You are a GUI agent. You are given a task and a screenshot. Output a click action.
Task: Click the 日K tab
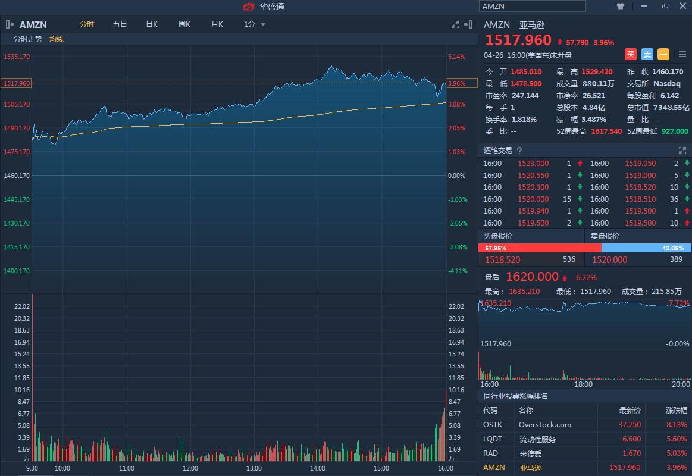pos(152,24)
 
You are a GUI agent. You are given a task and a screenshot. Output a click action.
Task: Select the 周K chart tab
pos(184,24)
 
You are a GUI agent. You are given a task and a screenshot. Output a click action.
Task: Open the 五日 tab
pos(120,24)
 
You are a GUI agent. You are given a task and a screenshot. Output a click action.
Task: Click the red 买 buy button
pos(631,54)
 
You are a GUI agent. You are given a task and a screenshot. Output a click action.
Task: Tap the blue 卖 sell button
pos(647,54)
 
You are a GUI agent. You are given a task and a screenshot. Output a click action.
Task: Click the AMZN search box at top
pos(532,6)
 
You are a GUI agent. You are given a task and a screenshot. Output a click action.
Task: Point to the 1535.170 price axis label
pos(17,57)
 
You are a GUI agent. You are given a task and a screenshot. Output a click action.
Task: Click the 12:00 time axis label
pos(190,468)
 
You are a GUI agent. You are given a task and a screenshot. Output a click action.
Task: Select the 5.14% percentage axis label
pos(457,57)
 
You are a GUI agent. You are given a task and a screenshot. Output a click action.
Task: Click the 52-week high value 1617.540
pos(606,131)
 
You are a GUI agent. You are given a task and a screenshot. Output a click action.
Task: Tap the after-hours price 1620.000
pos(532,277)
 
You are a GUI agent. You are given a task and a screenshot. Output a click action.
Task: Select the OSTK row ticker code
pos(493,425)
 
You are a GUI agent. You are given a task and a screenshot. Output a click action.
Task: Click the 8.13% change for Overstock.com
pos(676,425)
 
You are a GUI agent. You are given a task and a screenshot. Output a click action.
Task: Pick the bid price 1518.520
pos(503,259)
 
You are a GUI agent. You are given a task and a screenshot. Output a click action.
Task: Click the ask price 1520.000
pos(609,259)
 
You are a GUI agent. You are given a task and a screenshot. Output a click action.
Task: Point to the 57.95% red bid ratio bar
pos(540,248)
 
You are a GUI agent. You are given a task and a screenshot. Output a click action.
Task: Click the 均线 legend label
pos(57,39)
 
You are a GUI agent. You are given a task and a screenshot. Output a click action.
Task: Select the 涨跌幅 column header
pos(676,410)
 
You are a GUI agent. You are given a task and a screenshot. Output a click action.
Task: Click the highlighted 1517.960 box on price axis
pos(16,83)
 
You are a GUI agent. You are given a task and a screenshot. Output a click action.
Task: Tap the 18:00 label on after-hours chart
pos(583,384)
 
